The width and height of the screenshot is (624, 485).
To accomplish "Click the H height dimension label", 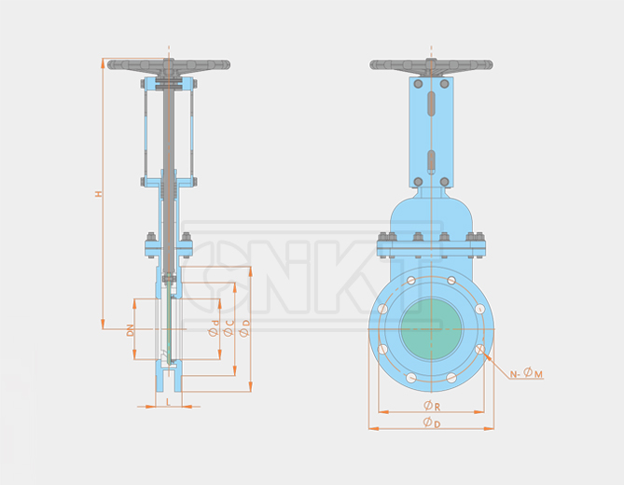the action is [x=99, y=194].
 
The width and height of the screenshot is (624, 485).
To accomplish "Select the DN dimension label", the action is [x=131, y=330].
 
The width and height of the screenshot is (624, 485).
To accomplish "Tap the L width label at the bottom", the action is [x=168, y=402].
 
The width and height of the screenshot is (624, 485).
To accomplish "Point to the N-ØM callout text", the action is [x=526, y=373].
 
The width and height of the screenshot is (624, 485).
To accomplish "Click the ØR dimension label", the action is [x=432, y=406].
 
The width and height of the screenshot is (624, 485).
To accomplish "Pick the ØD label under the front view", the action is [x=432, y=423].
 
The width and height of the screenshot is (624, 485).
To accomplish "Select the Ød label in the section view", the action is [x=215, y=328].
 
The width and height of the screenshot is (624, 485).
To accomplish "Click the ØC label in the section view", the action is [x=229, y=328].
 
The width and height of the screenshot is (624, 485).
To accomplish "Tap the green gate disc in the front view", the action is [x=431, y=329].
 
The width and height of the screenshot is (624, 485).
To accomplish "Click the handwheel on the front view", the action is [x=431, y=66].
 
